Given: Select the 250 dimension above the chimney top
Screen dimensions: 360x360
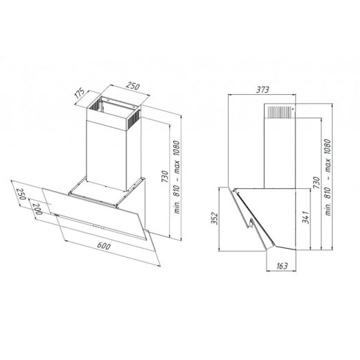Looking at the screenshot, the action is pos(133,86).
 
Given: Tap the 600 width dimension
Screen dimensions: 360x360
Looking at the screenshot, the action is pos(104,246).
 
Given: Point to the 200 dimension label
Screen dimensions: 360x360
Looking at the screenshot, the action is pos(37,209).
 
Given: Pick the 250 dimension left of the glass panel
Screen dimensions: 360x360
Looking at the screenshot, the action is pos(21,194).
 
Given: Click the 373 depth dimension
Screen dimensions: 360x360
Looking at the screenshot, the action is pos(262,90).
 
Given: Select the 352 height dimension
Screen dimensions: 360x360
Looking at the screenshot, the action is pos(214,218).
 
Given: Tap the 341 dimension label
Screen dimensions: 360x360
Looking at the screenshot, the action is pos(306,217).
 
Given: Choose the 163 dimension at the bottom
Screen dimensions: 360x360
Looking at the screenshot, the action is pos(282,266).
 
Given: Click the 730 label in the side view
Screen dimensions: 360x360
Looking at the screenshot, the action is pos(316,183).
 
